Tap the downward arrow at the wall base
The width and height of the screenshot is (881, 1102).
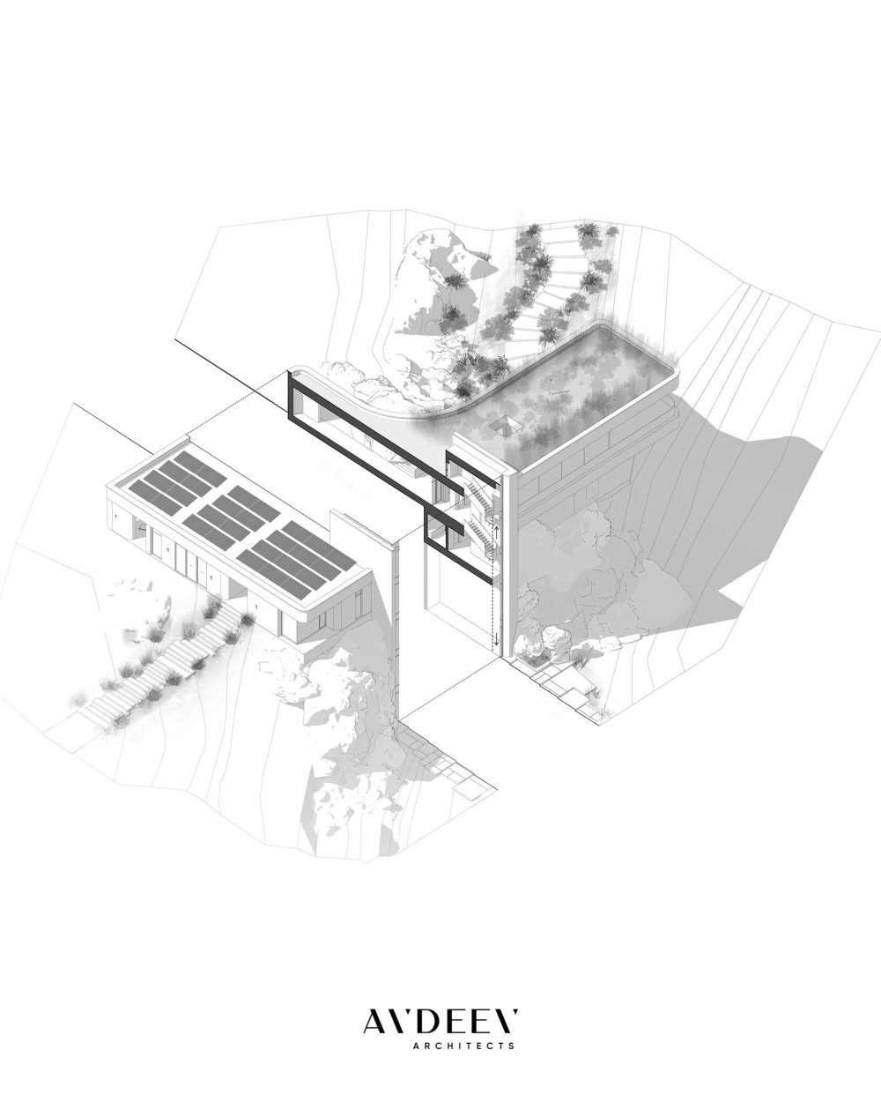pyautogui.click(x=496, y=638)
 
